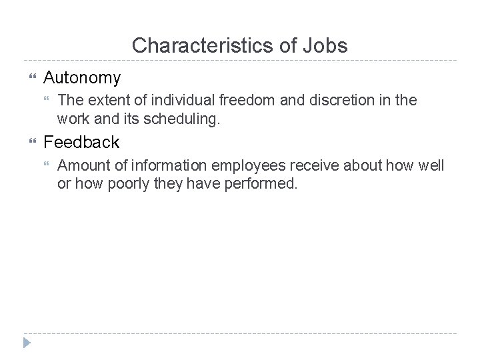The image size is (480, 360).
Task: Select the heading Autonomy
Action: point(82,78)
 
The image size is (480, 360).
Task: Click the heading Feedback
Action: point(81,142)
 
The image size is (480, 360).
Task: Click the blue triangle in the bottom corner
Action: point(27,343)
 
